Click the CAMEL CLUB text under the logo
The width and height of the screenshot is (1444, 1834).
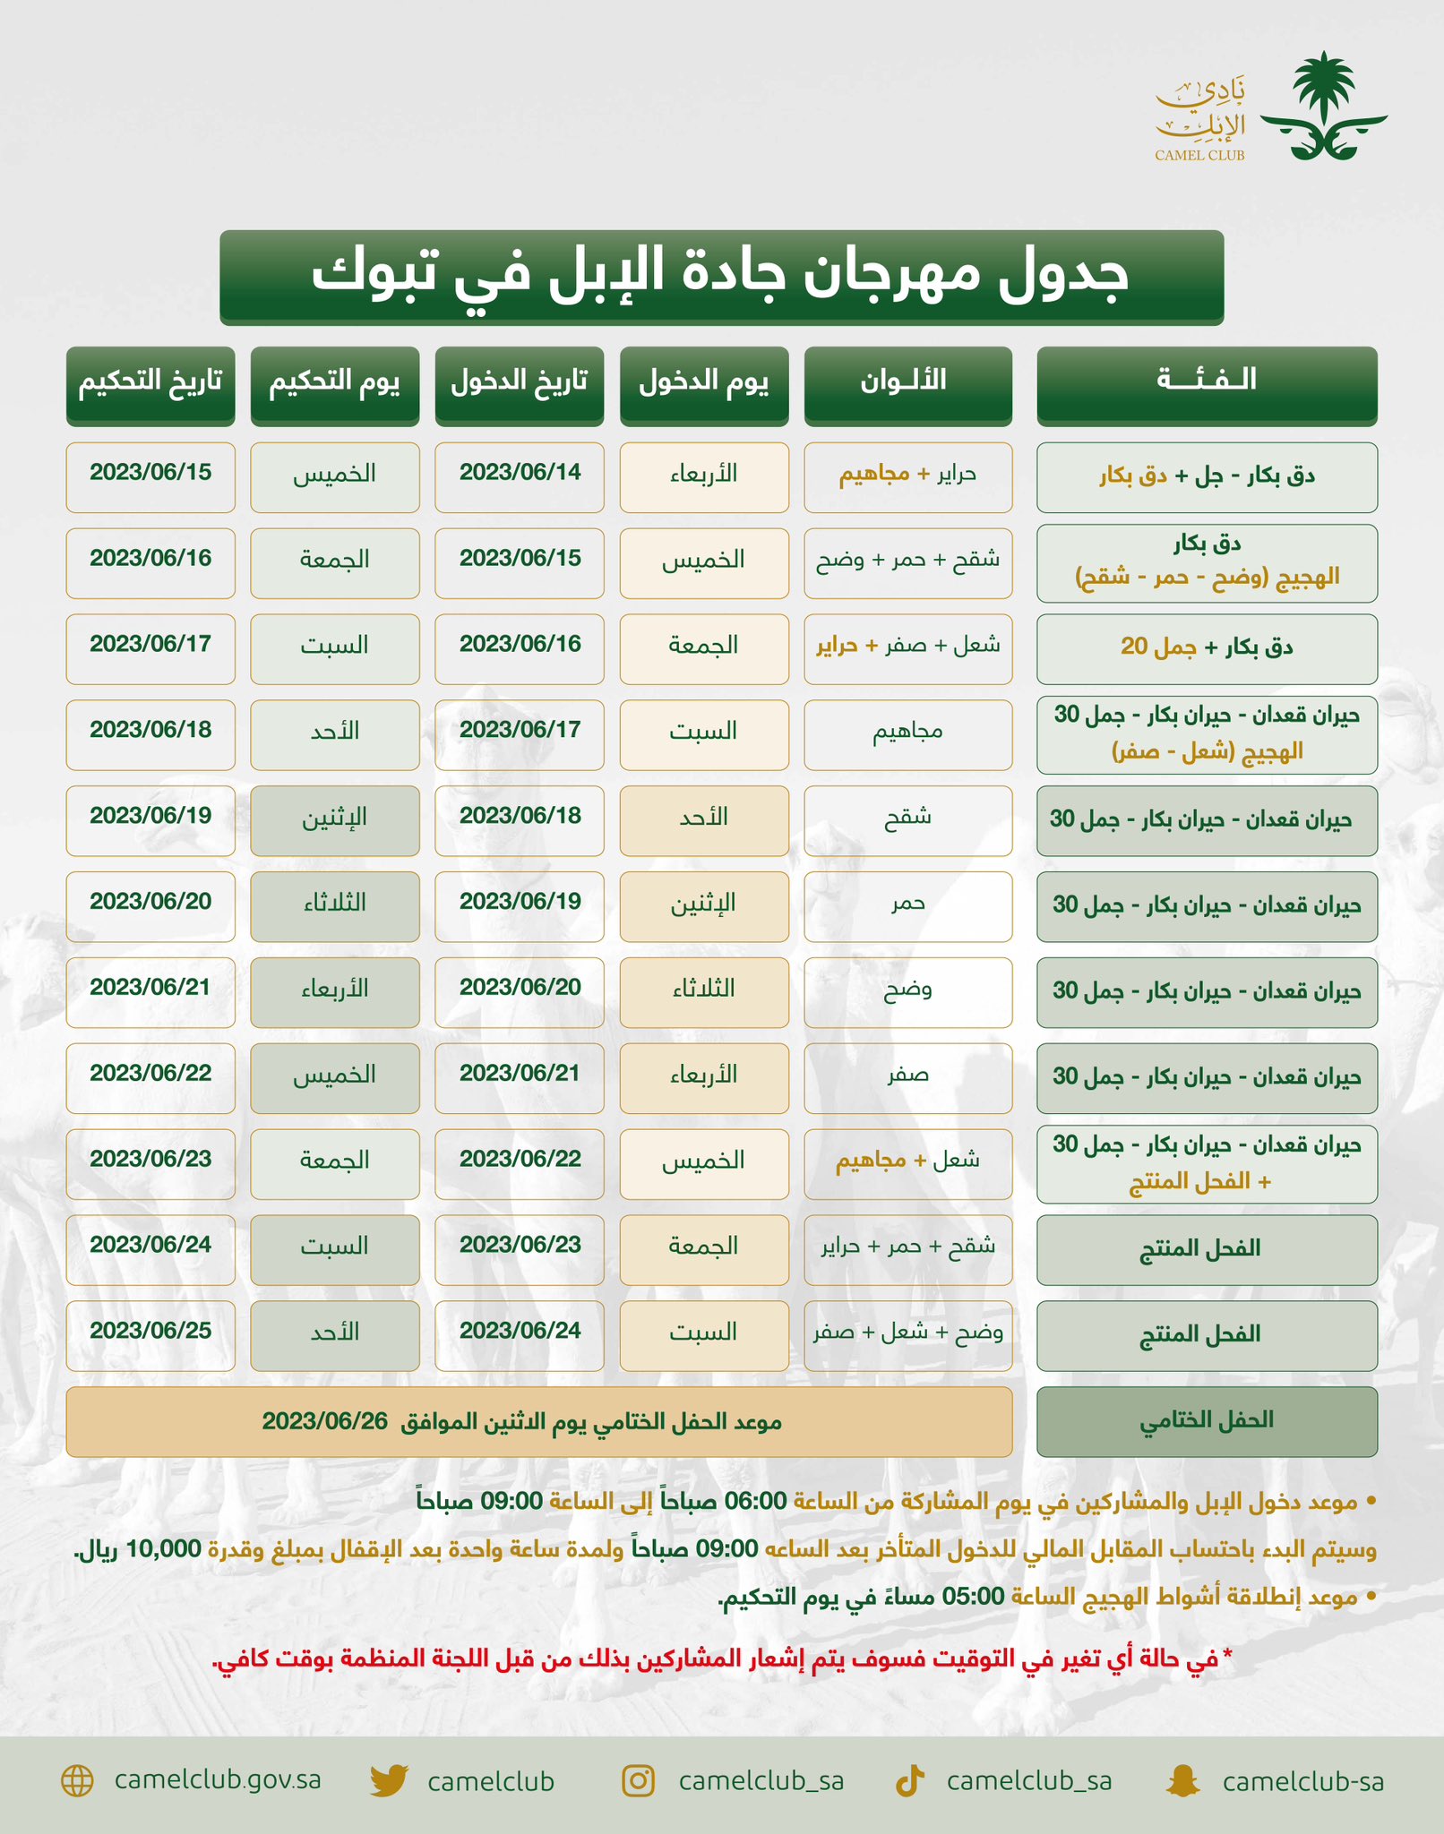tap(1199, 155)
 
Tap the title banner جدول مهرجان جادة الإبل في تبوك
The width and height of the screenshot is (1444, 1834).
tap(721, 276)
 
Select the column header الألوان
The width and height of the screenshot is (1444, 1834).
tap(907, 383)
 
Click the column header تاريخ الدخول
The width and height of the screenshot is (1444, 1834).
tap(520, 383)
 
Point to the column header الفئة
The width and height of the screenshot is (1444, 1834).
tap(1206, 383)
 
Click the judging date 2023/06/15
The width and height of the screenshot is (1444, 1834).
tap(150, 474)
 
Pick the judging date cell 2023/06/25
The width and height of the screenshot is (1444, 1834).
tap(150, 1332)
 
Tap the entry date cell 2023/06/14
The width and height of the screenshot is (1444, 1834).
tap(520, 474)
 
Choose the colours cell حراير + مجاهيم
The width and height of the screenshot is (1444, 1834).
tap(907, 475)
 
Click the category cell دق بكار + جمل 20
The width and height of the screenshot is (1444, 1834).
tap(1206, 647)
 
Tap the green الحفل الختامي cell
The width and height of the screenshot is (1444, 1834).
tap(1206, 1421)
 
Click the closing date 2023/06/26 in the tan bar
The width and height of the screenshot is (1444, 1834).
tap(324, 1422)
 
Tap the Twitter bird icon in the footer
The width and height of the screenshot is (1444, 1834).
tap(389, 1781)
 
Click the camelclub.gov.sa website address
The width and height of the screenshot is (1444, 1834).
tap(218, 1780)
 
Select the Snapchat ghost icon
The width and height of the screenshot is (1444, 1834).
tap(1183, 1781)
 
